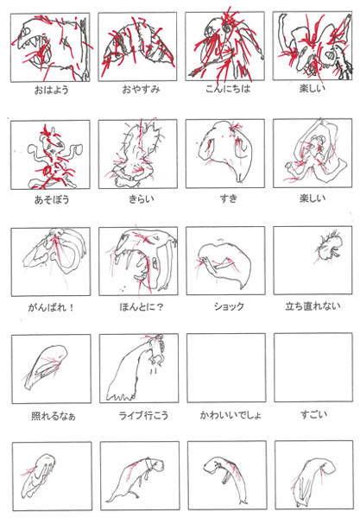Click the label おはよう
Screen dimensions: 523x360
coord(48,88)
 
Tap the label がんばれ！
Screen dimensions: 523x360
coord(48,306)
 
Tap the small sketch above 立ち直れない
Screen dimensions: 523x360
coord(326,248)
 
